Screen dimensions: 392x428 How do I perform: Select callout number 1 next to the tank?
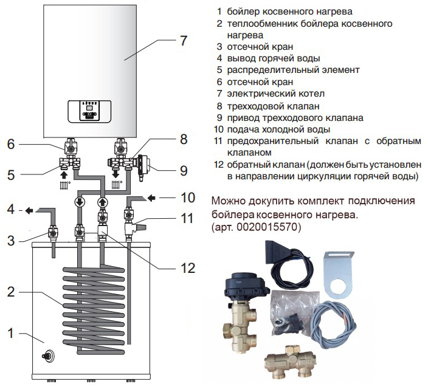10,333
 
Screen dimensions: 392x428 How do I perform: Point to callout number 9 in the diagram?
184,170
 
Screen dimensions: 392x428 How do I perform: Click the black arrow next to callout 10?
151,198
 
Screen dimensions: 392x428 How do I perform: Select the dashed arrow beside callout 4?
29,211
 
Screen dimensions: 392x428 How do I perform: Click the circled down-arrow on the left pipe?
79,202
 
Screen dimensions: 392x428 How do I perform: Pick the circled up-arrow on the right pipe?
102,202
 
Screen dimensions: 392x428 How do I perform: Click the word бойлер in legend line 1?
246,11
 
